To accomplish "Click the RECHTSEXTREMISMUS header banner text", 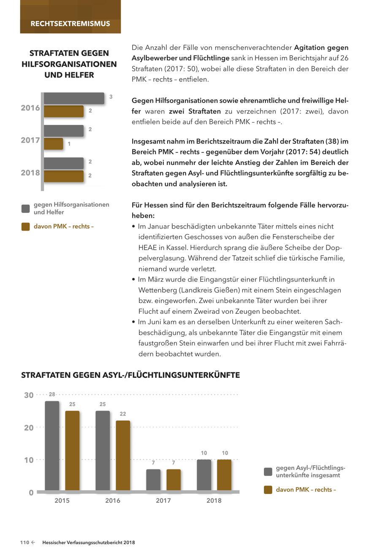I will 70,24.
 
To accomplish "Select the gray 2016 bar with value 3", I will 74,98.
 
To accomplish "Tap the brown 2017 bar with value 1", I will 54,144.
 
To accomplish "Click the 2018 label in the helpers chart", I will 30,173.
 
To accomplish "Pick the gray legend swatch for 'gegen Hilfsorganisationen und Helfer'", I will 26,208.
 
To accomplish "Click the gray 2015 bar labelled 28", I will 52,445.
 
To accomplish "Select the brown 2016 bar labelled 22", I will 123,455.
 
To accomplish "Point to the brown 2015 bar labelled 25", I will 72,450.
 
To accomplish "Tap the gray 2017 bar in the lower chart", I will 153,480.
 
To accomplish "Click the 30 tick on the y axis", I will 29,395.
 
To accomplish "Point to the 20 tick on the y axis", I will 29,428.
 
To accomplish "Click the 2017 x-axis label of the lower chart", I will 163,501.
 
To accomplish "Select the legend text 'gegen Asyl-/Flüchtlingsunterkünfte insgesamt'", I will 310,472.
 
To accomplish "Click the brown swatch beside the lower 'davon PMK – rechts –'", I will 268,490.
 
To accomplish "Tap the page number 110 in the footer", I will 24,543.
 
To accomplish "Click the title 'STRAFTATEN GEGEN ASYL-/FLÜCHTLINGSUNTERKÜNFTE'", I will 130,375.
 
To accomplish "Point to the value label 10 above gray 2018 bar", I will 204,453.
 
